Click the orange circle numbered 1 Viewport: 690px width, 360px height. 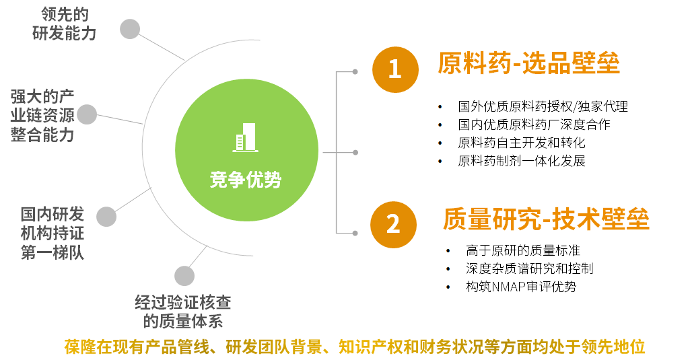click(x=395, y=69)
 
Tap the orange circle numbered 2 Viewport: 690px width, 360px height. click(x=393, y=225)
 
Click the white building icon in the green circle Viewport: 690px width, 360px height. click(x=246, y=137)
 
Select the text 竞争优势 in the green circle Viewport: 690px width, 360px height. click(x=246, y=180)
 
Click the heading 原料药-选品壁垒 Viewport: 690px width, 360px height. click(x=528, y=63)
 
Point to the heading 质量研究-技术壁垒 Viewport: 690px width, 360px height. click(x=546, y=219)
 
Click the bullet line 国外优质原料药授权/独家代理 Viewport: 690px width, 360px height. click(x=543, y=106)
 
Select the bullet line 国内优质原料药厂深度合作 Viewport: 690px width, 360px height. click(x=534, y=124)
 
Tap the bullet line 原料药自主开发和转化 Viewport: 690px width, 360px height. click(x=522, y=143)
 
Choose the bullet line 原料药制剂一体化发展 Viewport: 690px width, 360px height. click(x=522, y=161)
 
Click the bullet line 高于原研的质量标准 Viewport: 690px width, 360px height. click(x=523, y=250)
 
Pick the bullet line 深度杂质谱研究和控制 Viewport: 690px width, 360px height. click(x=529, y=268)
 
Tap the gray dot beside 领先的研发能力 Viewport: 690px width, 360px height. click(x=130, y=29)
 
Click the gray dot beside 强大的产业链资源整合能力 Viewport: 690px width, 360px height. click(x=87, y=114)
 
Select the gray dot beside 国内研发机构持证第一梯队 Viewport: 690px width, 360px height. click(x=106, y=217)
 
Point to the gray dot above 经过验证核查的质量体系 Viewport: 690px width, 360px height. click(x=184, y=276)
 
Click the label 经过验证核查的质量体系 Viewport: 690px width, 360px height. click(x=183, y=312)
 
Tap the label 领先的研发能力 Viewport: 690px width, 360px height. click(x=64, y=24)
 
